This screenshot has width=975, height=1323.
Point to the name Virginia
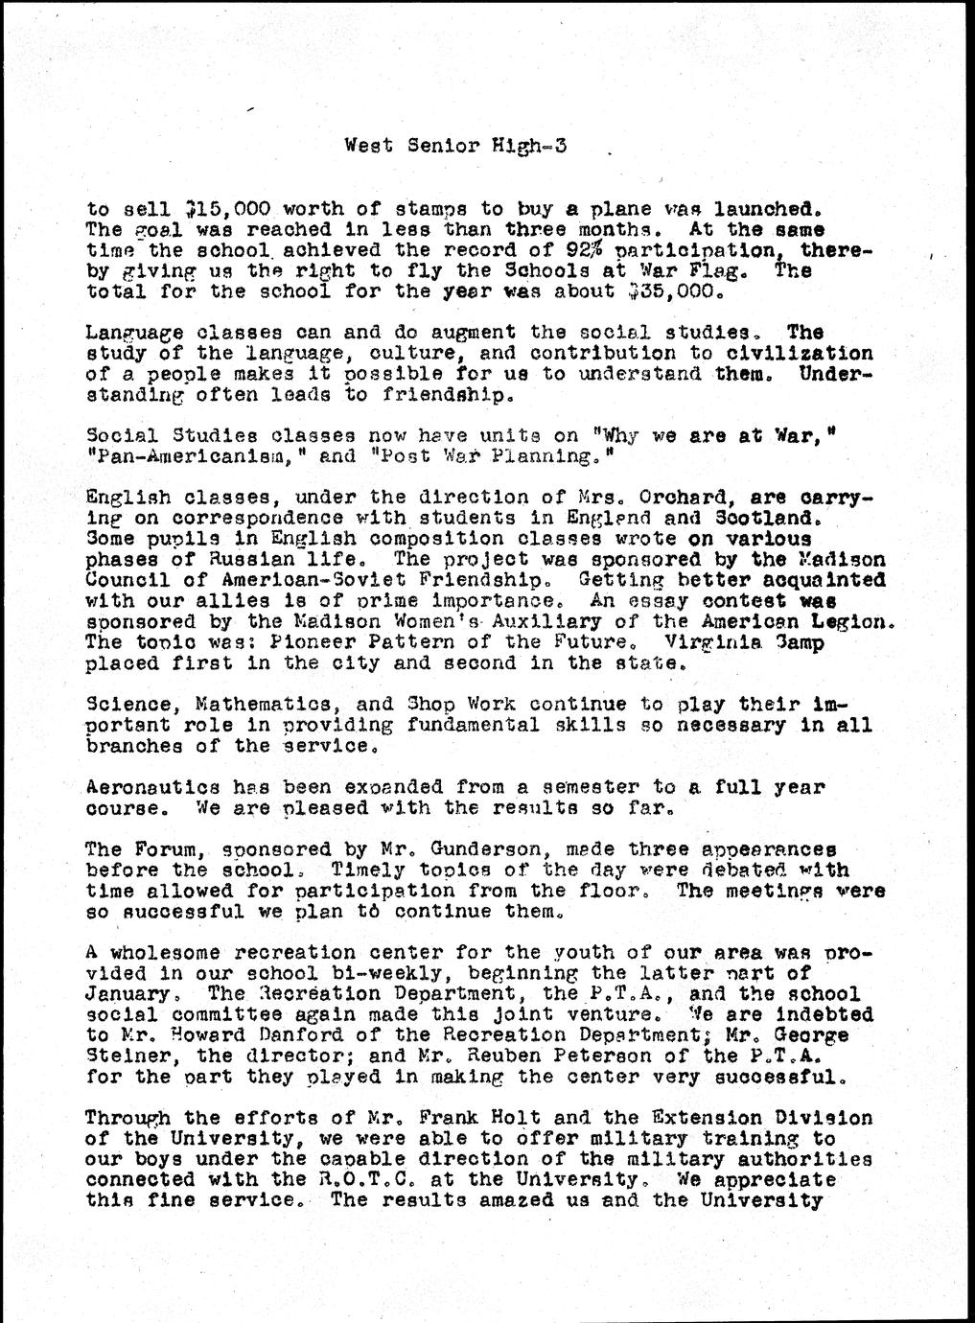click(703, 641)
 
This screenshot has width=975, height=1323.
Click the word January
click(127, 993)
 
